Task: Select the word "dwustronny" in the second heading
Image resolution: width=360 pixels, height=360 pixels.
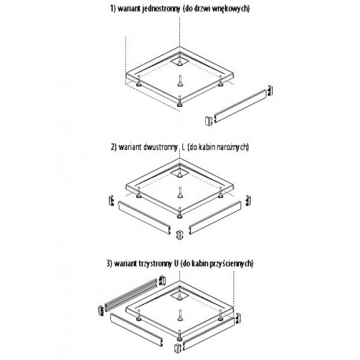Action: (x=161, y=147)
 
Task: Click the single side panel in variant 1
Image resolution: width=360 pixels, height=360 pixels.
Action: (x=241, y=106)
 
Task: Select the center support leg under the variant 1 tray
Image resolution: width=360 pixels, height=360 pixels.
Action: (x=180, y=81)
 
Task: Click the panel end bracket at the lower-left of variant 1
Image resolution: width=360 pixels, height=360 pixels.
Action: (x=208, y=121)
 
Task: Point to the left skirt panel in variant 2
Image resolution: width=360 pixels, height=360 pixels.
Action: (x=145, y=217)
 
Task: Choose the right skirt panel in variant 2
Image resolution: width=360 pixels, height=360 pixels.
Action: (x=215, y=218)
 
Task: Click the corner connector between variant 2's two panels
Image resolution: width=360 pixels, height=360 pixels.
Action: (x=179, y=234)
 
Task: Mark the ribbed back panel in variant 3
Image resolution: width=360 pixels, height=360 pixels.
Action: (x=131, y=295)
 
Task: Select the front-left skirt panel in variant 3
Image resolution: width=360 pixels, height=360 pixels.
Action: (x=137, y=329)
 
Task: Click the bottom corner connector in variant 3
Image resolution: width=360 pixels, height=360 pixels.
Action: (x=178, y=348)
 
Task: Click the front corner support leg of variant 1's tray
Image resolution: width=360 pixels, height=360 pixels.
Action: (x=180, y=101)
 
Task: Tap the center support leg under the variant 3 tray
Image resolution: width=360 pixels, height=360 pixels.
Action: (x=180, y=315)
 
